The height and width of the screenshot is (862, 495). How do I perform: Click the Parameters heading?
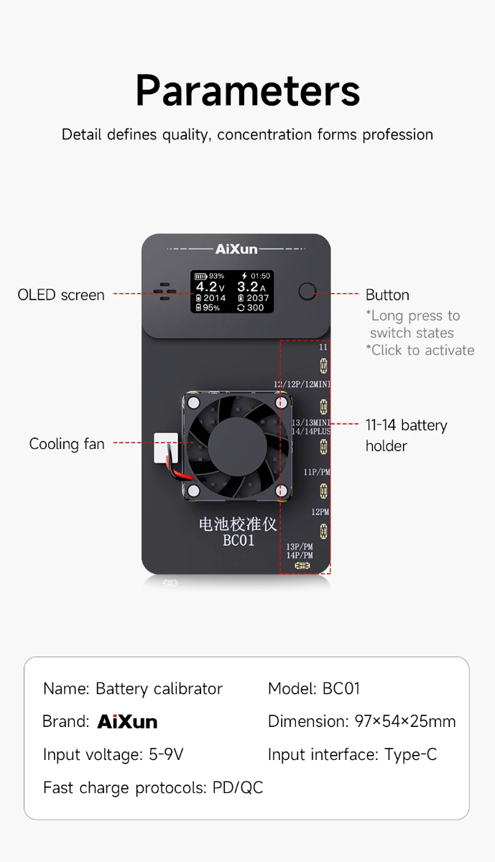[x=247, y=91]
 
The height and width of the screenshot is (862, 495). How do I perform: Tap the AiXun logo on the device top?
[x=236, y=249]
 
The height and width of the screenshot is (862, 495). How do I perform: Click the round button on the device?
[x=307, y=292]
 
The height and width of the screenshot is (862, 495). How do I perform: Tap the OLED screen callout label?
[x=61, y=295]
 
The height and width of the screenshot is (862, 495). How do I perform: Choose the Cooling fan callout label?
[x=67, y=444]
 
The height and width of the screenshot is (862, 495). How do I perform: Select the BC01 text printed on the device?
[x=238, y=541]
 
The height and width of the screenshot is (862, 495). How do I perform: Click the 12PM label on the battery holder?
[x=320, y=512]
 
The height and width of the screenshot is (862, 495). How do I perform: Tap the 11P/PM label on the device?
[x=316, y=472]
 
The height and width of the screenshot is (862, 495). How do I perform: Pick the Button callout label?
[x=387, y=295]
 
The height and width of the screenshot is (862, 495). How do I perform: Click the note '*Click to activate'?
[x=420, y=351]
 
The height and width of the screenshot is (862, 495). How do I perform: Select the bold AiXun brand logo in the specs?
[x=127, y=722]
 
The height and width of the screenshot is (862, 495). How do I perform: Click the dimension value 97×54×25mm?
[x=405, y=721]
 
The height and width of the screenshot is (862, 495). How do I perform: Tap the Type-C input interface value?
[x=410, y=754]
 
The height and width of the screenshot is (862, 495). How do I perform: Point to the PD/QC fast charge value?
[x=238, y=787]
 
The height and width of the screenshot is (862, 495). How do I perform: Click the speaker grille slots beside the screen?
[x=165, y=291]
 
